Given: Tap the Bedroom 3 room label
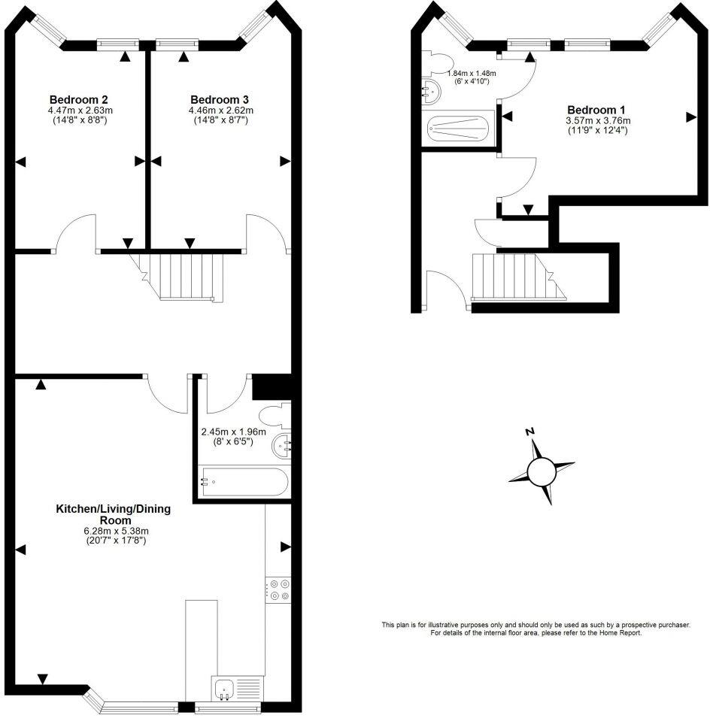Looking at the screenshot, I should click(220, 99).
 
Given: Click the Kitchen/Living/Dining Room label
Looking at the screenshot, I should click(114, 514).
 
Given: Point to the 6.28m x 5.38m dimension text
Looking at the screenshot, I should click(114, 530).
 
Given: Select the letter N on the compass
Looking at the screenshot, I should click(529, 432).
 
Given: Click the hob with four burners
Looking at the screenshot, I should click(278, 589).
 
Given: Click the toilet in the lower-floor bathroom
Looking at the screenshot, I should click(272, 414).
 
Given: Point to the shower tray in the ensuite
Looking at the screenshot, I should click(459, 128).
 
